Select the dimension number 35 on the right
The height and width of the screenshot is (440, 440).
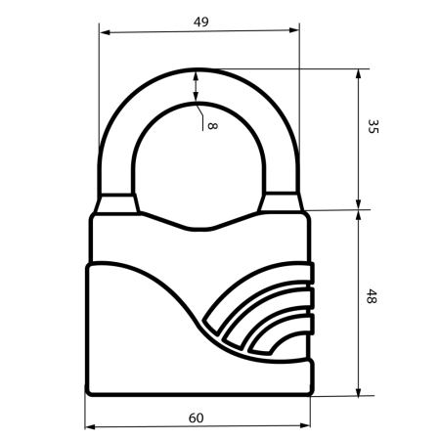pyautogui.click(x=373, y=127)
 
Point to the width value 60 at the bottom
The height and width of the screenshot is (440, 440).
pyautogui.click(x=196, y=418)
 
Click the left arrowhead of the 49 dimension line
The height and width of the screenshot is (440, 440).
pyautogui.click(x=105, y=32)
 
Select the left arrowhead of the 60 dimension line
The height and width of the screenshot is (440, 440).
pyautogui.click(x=90, y=427)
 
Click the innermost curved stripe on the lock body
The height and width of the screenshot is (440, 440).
pyautogui.click(x=278, y=338)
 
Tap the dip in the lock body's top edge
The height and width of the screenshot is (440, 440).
pyautogui.click(x=197, y=228)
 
